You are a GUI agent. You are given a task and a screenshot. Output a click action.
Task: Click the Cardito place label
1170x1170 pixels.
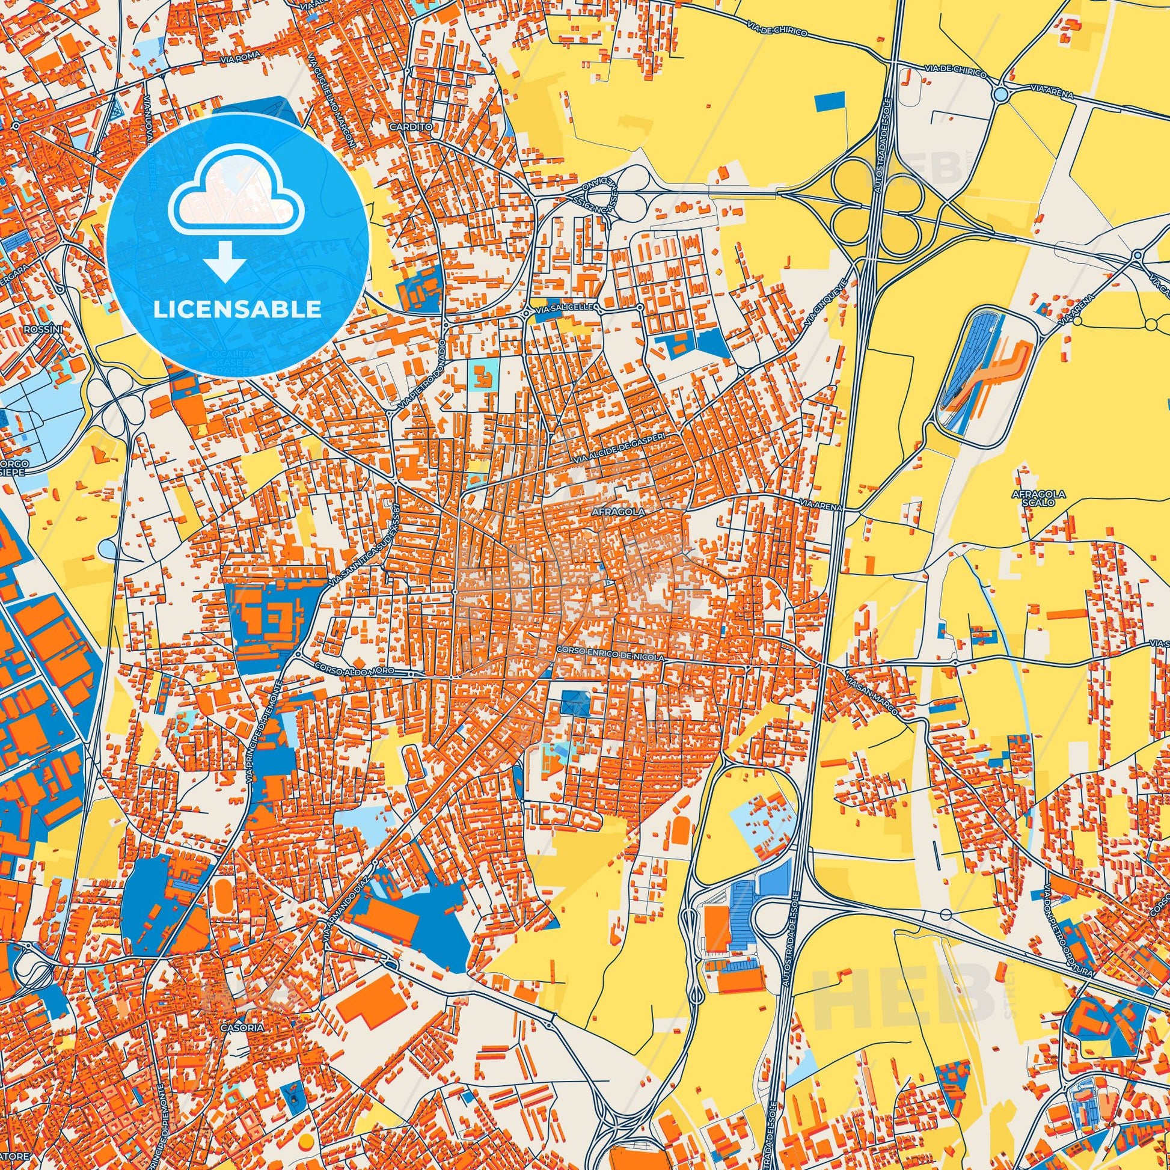click(x=427, y=145)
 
